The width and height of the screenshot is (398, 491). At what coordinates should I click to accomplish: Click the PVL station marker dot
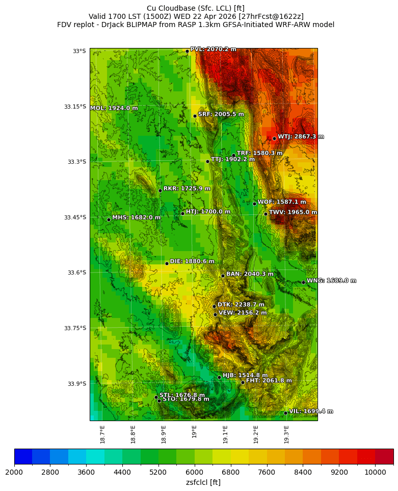coord(187,51)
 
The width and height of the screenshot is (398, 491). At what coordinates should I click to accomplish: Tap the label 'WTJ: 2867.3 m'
coord(301,137)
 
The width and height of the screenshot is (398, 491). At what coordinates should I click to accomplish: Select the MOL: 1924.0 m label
coord(114,108)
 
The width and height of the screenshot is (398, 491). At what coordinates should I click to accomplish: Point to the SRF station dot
coord(195,116)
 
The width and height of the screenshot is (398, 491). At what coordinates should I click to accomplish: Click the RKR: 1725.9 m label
coord(187,189)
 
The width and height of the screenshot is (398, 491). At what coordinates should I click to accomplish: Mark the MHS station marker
coord(109,219)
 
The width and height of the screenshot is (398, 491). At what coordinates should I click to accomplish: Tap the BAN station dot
coord(223,276)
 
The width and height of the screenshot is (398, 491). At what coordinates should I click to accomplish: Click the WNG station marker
coord(303,282)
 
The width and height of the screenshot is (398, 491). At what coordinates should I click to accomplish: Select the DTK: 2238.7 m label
coord(241,305)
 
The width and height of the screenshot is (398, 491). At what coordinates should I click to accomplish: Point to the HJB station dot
coord(219,377)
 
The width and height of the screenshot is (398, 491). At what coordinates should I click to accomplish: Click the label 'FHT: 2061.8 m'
coord(269,381)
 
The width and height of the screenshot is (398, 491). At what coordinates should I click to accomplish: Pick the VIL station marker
coord(285,413)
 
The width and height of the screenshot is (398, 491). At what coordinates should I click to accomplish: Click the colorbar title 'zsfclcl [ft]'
coord(203,482)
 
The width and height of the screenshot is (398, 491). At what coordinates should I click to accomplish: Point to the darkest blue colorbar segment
coord(23,456)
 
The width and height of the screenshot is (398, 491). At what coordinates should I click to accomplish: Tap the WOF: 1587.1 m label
coord(282,202)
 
